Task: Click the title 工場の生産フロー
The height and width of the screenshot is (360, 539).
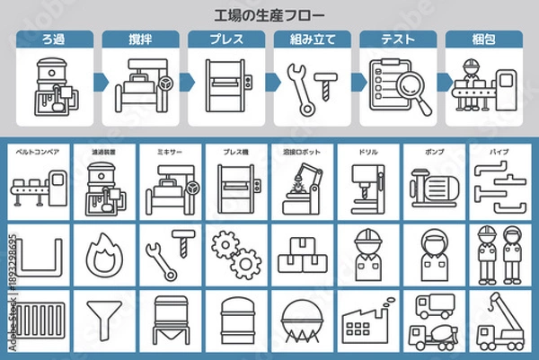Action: (x=269, y=15)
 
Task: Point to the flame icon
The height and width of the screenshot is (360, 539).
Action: (x=98, y=255)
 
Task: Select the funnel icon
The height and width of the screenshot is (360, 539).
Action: (x=98, y=320)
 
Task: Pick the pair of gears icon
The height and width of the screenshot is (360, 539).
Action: (x=232, y=253)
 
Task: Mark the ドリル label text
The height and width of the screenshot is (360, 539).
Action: (x=367, y=153)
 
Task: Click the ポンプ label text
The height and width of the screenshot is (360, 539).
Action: (x=434, y=153)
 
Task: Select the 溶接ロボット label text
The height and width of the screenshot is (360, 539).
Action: (x=300, y=153)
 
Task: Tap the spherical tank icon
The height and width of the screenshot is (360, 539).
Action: (x=301, y=321)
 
